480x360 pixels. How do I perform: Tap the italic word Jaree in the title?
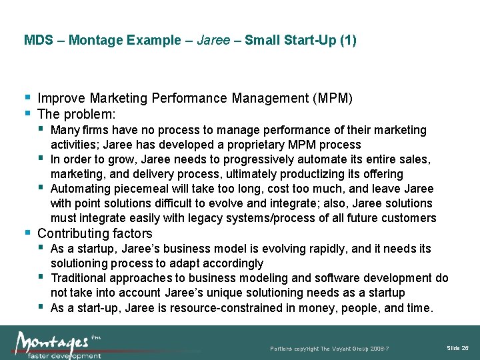(x=213, y=41)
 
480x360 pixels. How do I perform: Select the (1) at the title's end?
(x=348, y=41)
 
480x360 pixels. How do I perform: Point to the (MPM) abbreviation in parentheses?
(x=331, y=99)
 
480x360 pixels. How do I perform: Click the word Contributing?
(x=73, y=233)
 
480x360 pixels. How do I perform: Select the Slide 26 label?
(x=457, y=349)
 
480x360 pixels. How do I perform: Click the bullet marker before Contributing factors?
(x=27, y=233)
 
